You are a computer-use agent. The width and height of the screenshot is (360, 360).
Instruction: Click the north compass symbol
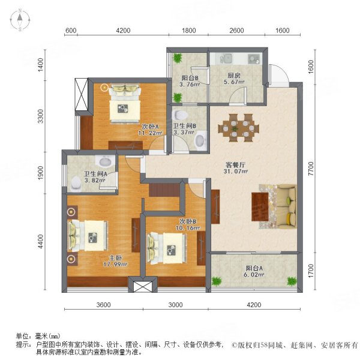click(x=20, y=20)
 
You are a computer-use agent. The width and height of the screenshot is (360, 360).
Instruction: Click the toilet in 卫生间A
click(x=76, y=181)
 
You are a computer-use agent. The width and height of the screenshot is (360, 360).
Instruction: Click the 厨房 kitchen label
click(x=234, y=76)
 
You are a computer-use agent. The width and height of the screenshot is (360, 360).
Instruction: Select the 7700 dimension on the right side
click(x=310, y=172)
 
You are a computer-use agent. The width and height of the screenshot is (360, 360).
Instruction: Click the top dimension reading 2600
click(x=236, y=31)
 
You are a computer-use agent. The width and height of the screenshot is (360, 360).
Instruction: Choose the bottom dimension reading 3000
click(x=175, y=305)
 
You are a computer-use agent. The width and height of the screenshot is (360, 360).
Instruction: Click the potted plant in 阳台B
click(x=178, y=59)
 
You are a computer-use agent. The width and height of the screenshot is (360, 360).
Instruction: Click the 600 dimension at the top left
click(x=70, y=31)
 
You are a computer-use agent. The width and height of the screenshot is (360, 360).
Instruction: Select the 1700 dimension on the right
click(x=310, y=273)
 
